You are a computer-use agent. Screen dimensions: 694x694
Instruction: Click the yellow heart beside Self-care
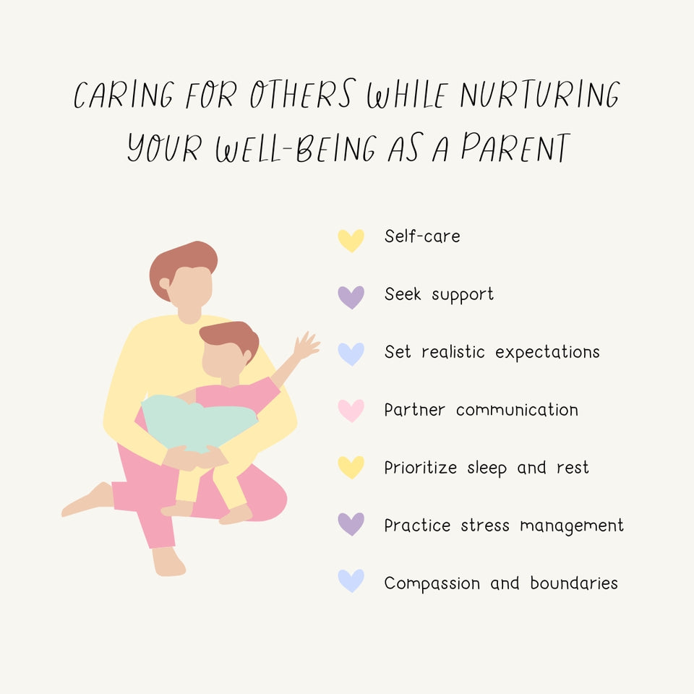point(351,239)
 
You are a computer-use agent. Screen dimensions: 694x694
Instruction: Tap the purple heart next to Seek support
point(351,296)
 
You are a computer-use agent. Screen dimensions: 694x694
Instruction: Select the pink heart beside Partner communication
point(351,410)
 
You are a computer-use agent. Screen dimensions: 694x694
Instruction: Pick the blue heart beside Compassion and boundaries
point(351,580)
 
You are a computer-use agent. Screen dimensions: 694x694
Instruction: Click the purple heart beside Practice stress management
point(351,523)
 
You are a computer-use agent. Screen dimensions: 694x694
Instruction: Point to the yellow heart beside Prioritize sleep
point(351,467)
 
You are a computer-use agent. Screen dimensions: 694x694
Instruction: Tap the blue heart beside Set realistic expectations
point(351,354)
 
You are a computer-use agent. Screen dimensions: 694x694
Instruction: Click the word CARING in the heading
point(124,97)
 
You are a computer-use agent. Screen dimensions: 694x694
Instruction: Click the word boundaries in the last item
point(574,583)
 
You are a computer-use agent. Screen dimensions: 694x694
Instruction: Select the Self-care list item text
point(422,236)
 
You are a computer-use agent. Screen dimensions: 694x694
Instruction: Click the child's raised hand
point(307,346)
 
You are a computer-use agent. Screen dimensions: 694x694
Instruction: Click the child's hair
point(231,337)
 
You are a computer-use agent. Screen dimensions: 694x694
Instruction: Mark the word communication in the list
point(517,410)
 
